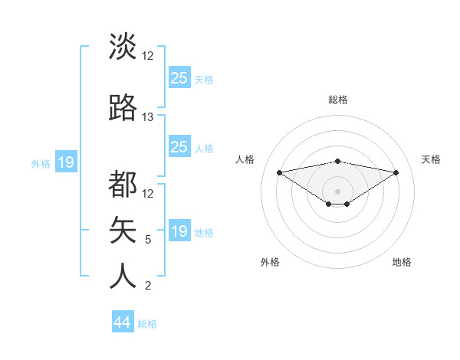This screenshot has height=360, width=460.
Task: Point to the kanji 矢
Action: (123, 230)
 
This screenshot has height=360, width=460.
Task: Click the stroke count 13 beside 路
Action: (148, 117)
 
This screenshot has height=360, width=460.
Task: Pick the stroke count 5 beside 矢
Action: (148, 240)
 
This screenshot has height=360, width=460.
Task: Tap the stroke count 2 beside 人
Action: (148, 286)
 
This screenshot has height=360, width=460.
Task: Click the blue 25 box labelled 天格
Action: (179, 78)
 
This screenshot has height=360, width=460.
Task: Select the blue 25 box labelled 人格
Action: (179, 147)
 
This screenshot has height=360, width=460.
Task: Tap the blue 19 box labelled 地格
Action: (179, 231)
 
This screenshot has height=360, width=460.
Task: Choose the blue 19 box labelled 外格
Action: (66, 162)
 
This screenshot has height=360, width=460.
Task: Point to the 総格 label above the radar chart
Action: (338, 100)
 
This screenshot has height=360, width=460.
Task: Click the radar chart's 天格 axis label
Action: (432, 159)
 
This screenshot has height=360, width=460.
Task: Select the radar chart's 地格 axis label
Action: (402, 262)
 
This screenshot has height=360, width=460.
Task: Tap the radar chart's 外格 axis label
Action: (270, 262)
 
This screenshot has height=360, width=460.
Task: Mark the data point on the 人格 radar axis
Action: (279, 172)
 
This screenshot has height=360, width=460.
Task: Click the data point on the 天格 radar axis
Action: (396, 172)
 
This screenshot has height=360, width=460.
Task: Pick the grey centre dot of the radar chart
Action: (337, 191)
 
